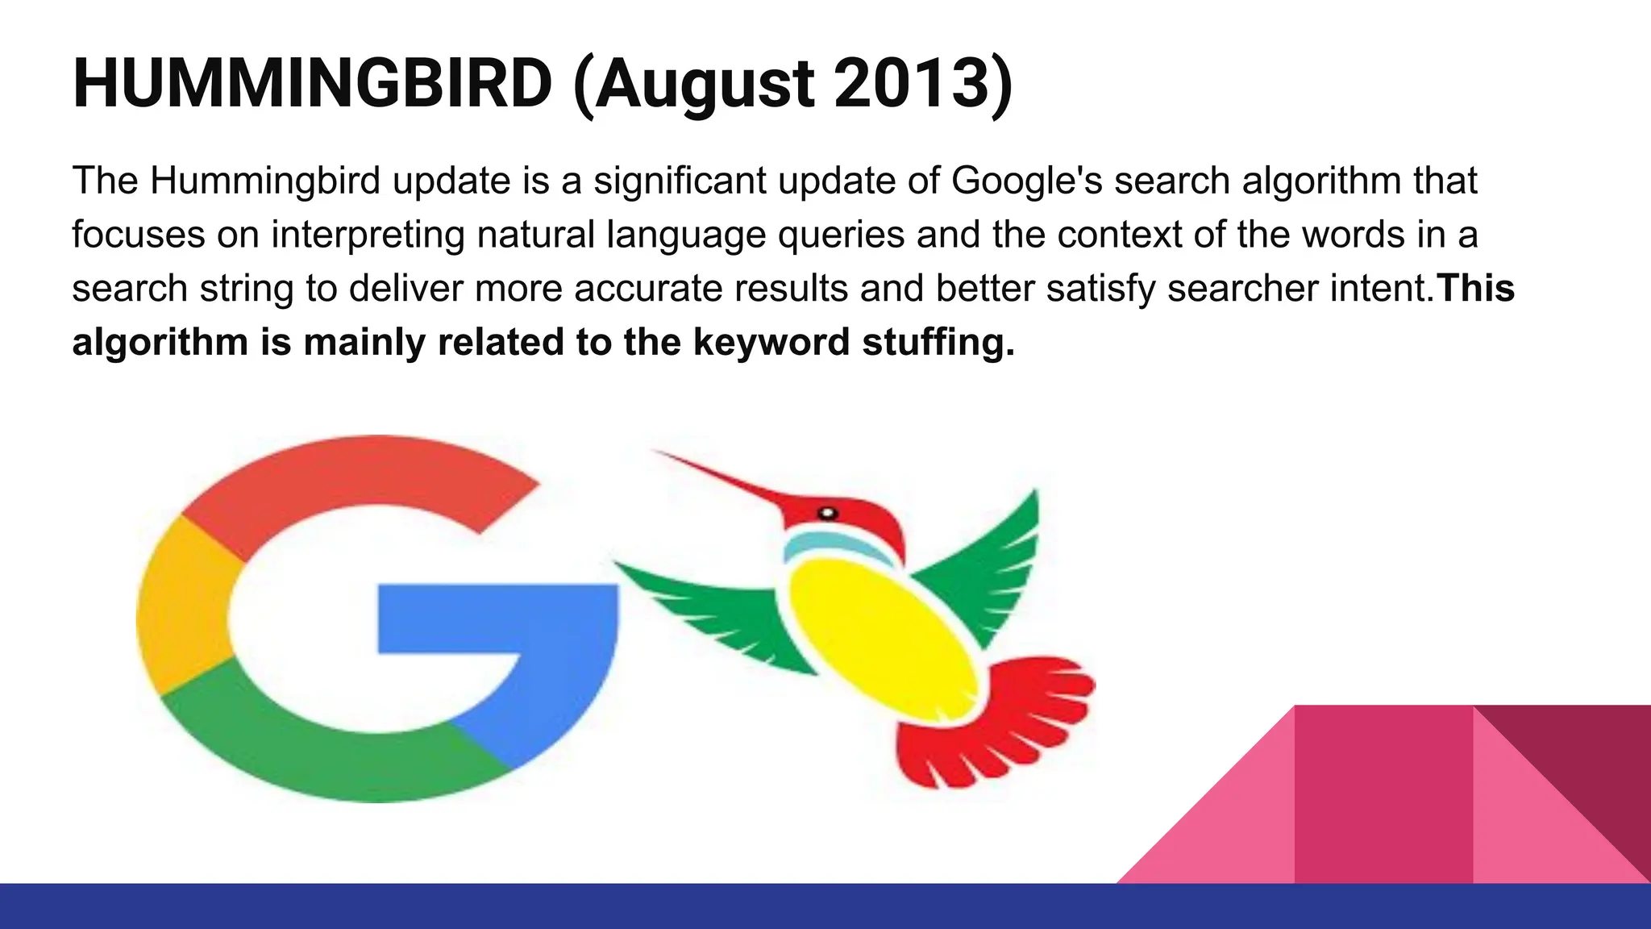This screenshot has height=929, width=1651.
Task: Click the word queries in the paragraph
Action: pyautogui.click(x=840, y=235)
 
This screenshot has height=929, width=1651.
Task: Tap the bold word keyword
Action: pyautogui.click(x=771, y=342)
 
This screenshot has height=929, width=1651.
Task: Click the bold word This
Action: pyautogui.click(x=1476, y=288)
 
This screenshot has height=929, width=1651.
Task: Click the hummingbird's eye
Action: pyautogui.click(x=828, y=513)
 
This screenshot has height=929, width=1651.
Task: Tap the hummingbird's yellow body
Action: pyautogui.click(x=883, y=637)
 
